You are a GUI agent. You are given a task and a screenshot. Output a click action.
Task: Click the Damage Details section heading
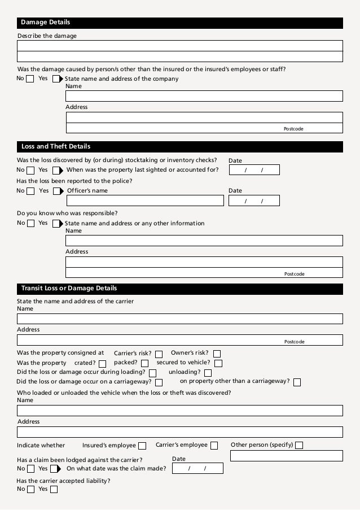tap(45, 23)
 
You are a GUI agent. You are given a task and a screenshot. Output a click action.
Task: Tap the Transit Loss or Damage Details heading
tap(69, 289)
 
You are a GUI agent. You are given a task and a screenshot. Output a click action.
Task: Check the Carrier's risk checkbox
tap(159, 354)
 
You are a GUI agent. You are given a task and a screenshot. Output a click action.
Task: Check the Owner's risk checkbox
tap(216, 354)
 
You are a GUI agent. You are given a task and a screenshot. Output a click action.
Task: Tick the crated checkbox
tap(102, 363)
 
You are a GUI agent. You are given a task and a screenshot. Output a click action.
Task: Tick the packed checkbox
tap(144, 363)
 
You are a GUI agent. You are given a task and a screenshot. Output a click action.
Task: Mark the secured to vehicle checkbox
tap(218, 363)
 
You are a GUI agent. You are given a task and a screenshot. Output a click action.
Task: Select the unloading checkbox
tap(208, 373)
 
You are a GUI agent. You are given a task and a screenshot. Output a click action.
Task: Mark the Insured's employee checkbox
tap(142, 446)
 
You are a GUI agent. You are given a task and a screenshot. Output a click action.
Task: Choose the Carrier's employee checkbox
tap(214, 446)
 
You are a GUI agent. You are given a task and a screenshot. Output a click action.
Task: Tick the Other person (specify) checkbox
tap(299, 446)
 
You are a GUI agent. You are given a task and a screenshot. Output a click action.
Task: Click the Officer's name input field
tap(145, 200)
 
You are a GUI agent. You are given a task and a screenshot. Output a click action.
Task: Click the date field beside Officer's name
tap(253, 200)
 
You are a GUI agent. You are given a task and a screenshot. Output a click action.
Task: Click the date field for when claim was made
tap(197, 468)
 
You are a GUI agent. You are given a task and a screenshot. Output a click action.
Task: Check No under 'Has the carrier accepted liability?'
tap(29, 489)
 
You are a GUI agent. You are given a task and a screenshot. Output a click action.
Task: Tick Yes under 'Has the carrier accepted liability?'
tap(54, 489)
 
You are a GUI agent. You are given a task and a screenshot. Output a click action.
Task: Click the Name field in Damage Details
tap(204, 96)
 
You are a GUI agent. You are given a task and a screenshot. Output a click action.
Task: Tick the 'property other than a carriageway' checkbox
tap(297, 382)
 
